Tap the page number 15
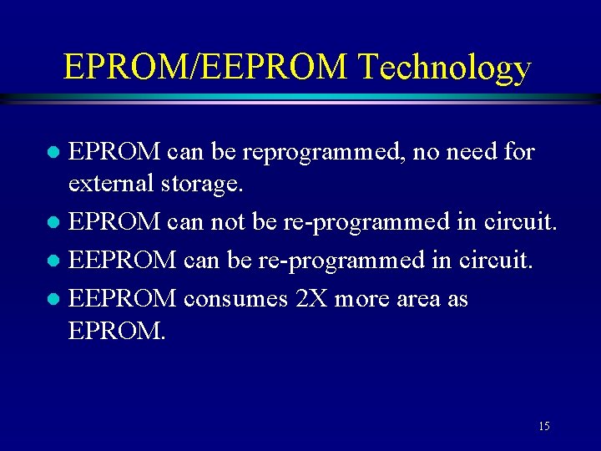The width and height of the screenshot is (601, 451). pyautogui.click(x=543, y=427)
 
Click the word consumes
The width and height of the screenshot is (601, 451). pyautogui.click(x=236, y=298)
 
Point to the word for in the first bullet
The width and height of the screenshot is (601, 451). pyautogui.click(x=517, y=153)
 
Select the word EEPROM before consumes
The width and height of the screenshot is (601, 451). pyautogui.click(x=122, y=298)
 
